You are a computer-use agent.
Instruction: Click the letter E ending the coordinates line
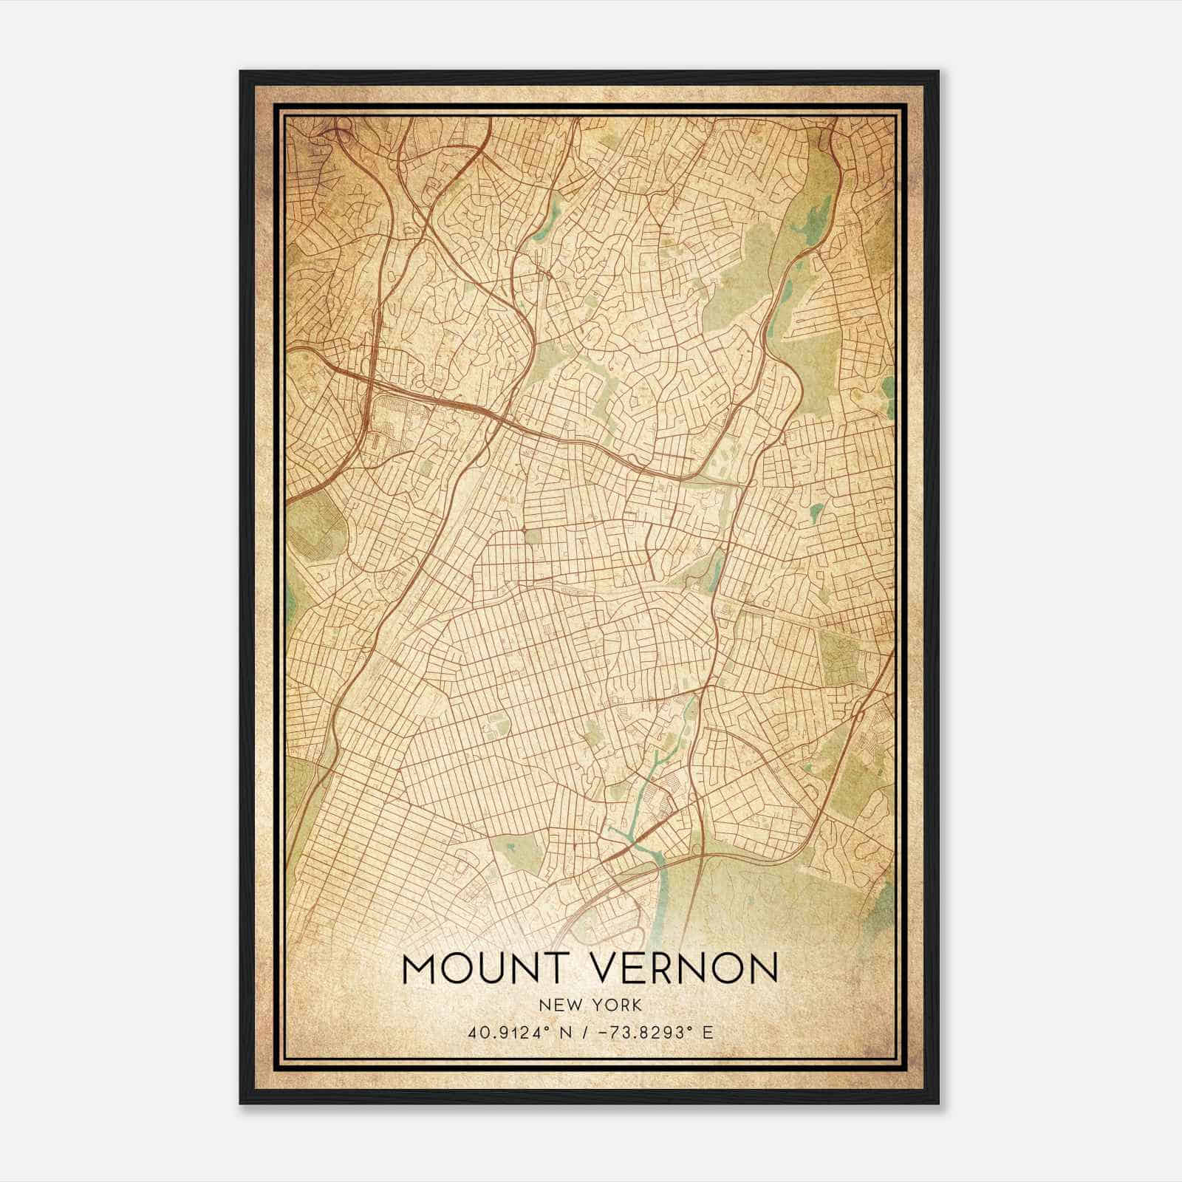[708, 1033]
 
